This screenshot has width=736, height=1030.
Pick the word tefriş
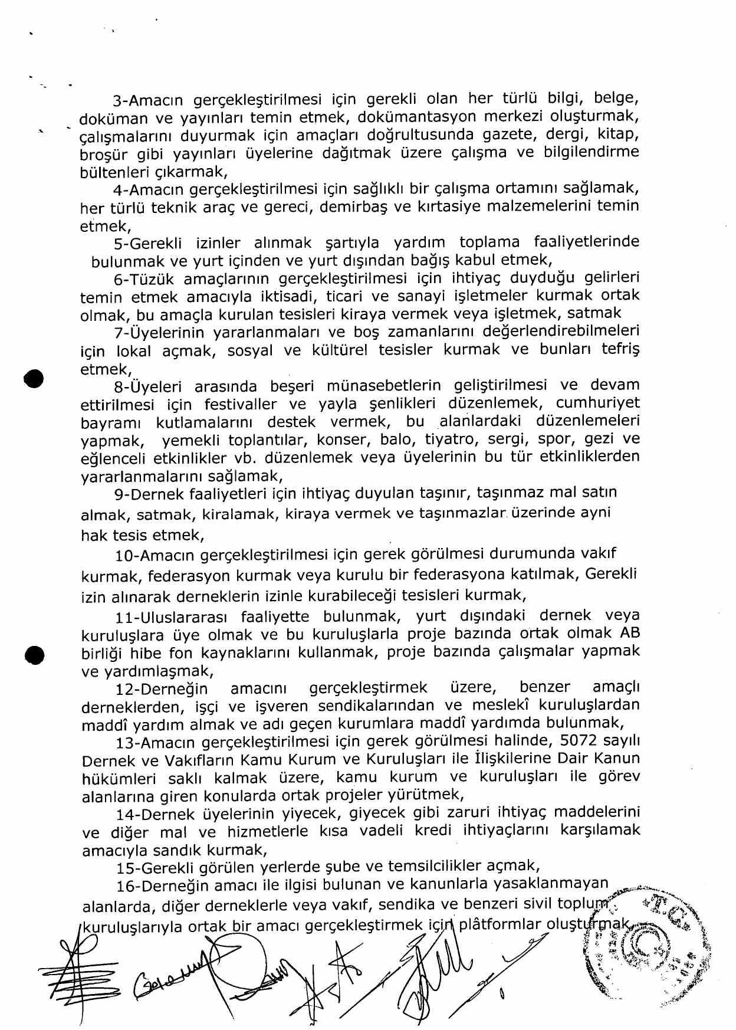(x=620, y=349)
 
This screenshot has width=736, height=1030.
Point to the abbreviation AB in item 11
(x=629, y=633)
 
